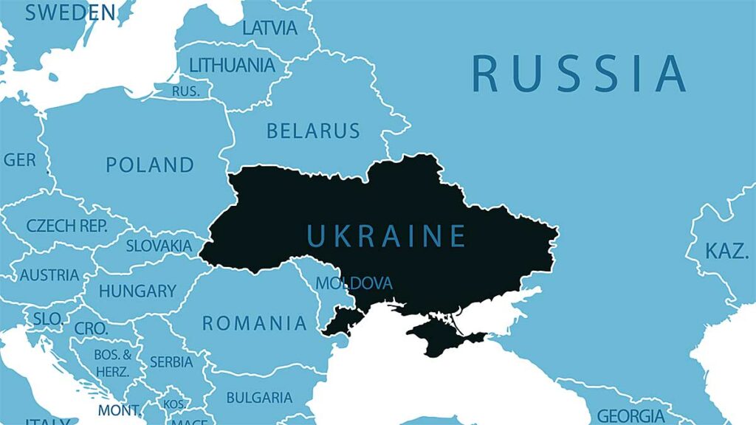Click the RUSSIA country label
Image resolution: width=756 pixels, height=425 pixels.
pos(579,73)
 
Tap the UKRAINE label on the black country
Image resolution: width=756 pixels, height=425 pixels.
pos(386,236)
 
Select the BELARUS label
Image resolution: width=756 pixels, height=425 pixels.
pos(313,131)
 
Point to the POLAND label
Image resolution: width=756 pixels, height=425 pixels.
pos(150,165)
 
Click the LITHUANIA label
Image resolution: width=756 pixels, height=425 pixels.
pos(232,65)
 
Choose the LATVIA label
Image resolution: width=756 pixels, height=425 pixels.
pos(269,28)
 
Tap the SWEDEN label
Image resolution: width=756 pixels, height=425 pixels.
pos(70,13)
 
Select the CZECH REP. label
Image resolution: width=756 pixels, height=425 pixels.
pos(67,226)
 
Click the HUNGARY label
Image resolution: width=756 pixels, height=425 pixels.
pos(137,291)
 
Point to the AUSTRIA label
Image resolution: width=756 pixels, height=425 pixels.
pos(49,275)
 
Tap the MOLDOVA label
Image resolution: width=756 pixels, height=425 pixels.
pos(354,283)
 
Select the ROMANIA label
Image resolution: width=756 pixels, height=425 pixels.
pos(255,323)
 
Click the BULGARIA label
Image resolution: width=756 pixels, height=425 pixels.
pos(259,398)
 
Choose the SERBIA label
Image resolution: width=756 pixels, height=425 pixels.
pos(171,362)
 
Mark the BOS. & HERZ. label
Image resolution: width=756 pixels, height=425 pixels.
pos(112,363)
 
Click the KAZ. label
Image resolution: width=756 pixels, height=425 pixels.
pos(726,251)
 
